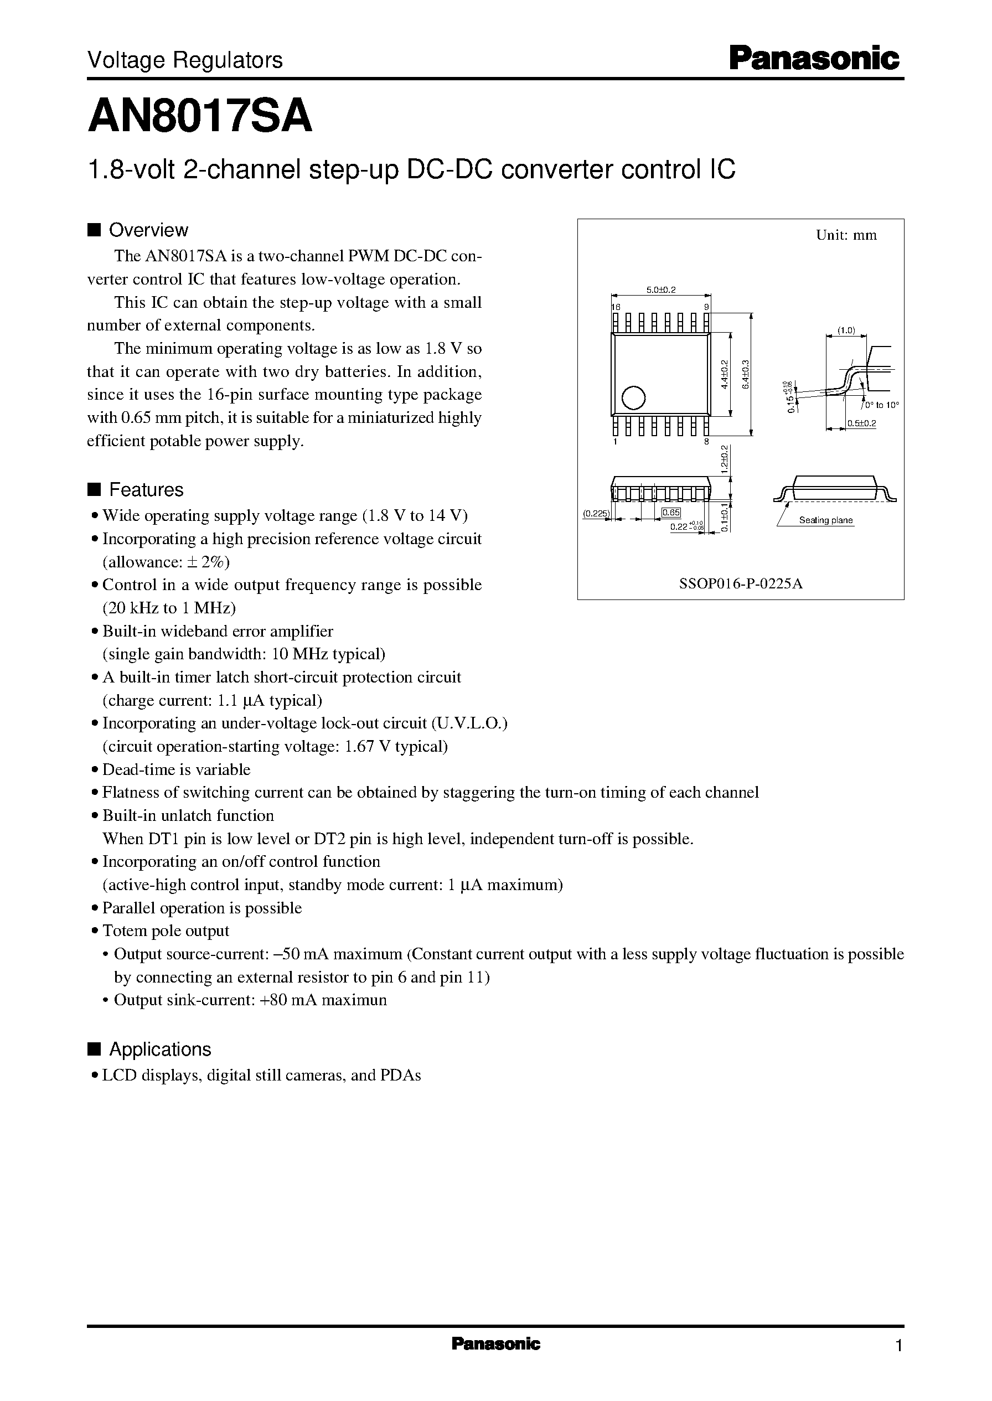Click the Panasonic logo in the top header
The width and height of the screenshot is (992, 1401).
814,59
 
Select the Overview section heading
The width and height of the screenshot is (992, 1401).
148,230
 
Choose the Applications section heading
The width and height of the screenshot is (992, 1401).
159,1049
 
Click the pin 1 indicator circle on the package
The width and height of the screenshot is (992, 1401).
633,398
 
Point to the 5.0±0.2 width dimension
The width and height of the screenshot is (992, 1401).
661,289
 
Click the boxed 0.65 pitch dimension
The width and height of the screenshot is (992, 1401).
671,513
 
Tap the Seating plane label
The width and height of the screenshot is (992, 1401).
825,520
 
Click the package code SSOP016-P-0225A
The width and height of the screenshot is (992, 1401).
740,583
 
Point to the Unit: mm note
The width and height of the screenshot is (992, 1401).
846,236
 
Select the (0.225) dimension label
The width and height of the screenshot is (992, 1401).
596,514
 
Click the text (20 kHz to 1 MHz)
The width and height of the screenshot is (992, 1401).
169,608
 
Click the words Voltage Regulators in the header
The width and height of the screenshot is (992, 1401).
185,60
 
